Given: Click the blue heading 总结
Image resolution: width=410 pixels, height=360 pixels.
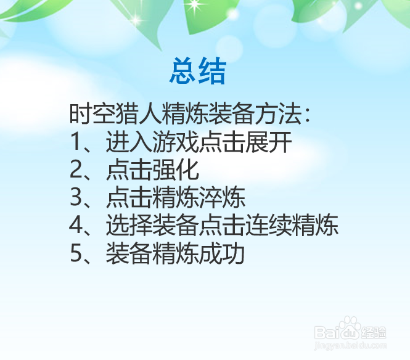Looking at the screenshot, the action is point(198,71).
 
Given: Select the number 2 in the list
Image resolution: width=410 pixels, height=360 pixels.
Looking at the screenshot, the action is point(76,170).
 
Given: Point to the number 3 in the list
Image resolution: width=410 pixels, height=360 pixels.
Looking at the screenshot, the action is point(76,197).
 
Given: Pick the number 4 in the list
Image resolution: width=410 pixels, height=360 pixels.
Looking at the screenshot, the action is point(76,225).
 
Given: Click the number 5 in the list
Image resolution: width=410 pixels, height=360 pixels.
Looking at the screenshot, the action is point(76,253).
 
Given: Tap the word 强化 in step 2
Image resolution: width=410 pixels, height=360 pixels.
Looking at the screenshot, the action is point(176,170).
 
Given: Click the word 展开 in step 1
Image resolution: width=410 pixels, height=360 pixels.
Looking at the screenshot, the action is point(269,142).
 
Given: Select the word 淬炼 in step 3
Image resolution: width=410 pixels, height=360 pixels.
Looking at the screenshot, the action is point(222,197).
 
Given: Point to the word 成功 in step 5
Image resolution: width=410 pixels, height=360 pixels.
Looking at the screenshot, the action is point(222,253).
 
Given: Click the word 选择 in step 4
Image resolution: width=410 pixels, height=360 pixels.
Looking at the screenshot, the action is point(129,225).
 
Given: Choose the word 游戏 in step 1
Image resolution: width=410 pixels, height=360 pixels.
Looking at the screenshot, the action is point(176,142).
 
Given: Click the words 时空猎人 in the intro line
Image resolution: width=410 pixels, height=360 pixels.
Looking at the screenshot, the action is point(115,113).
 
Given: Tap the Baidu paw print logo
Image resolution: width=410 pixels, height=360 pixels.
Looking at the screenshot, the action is point(350,327).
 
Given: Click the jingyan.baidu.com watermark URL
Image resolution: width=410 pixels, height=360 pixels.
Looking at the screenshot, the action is point(350,346).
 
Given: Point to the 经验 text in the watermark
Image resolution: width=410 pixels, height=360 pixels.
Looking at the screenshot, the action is point(374,333).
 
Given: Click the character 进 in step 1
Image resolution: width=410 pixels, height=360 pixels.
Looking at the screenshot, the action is point(118,142).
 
